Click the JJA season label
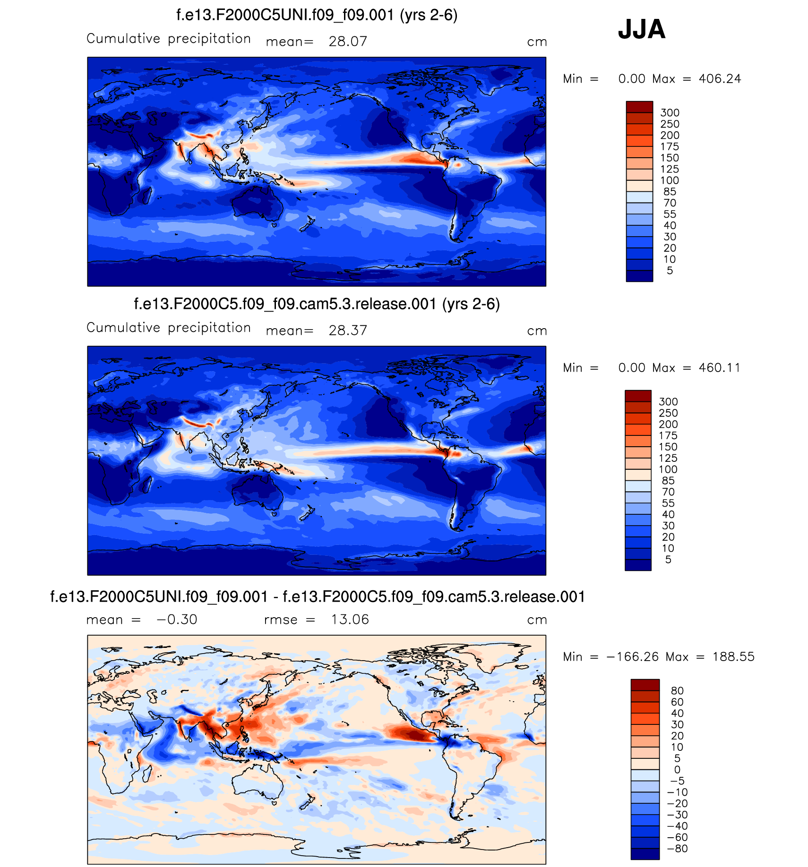click(x=641, y=29)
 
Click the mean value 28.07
click(x=348, y=42)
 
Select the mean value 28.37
click(x=348, y=331)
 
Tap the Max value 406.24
click(x=720, y=79)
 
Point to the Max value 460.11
click(x=720, y=368)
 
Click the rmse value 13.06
click(x=350, y=620)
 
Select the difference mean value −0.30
click(x=177, y=620)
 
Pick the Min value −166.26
click(x=633, y=657)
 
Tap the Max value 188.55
click(x=733, y=657)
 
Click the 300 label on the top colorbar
click(x=670, y=113)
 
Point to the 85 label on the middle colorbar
click(x=668, y=481)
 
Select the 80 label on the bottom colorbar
click(x=677, y=691)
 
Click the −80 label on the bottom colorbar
click(x=677, y=849)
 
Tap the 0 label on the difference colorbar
click(x=677, y=770)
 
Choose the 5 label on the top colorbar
click(x=670, y=271)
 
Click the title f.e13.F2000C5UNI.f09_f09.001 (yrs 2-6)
click(x=317, y=15)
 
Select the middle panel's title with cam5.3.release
click(x=317, y=304)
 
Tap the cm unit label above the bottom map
click(x=537, y=620)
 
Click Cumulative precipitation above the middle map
click(x=168, y=328)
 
